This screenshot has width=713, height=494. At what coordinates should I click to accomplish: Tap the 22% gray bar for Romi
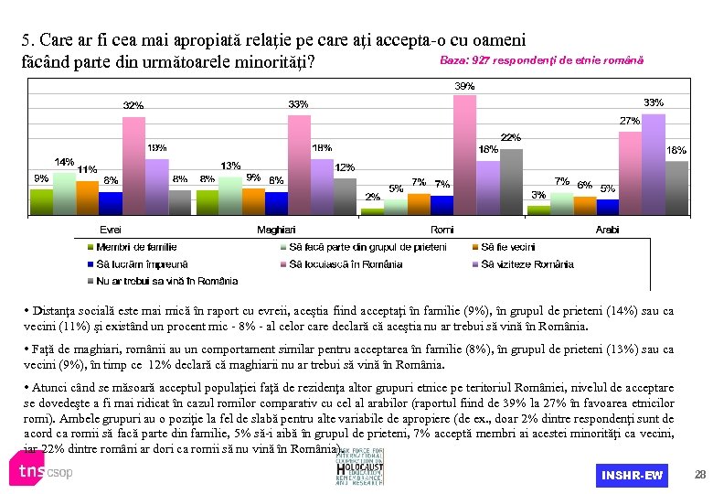click(x=510, y=180)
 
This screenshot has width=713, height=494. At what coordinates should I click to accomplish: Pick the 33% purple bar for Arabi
click(x=653, y=163)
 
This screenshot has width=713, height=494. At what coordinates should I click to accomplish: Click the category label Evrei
click(x=110, y=229)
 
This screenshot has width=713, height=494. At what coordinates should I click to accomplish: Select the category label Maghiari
click(x=276, y=229)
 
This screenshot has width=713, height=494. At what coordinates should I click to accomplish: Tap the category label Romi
click(x=442, y=229)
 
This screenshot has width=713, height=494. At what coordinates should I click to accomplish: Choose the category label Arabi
click(x=607, y=229)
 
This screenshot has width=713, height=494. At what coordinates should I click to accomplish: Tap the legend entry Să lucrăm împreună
click(x=131, y=264)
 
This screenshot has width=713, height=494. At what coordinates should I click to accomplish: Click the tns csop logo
click(x=41, y=471)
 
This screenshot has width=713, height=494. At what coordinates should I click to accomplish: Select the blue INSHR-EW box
click(x=632, y=476)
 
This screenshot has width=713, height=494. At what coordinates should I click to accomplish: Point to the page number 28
click(x=700, y=475)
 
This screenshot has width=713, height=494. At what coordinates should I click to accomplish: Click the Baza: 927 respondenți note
click(x=541, y=60)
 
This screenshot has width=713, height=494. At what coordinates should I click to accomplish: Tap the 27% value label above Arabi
click(x=630, y=121)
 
